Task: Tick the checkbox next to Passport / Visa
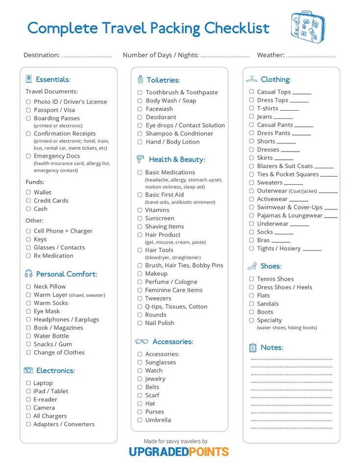(x=28, y=110)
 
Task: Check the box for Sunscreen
(x=140, y=218)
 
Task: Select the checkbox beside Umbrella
(x=140, y=420)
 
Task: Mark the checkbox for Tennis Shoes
(x=251, y=279)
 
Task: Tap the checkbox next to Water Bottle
(x=28, y=336)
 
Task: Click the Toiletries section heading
(x=163, y=80)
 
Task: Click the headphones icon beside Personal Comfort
(x=28, y=274)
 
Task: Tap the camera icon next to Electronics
(x=28, y=370)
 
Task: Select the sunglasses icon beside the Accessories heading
(x=142, y=342)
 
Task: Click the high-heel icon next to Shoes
(x=252, y=266)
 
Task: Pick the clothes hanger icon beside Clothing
(x=252, y=79)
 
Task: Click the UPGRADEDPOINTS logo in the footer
(x=179, y=452)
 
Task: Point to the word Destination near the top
(x=42, y=55)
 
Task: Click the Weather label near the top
(x=270, y=55)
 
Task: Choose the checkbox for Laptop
(x=28, y=383)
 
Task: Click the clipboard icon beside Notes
(x=253, y=348)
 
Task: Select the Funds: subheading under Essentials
(x=35, y=182)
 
